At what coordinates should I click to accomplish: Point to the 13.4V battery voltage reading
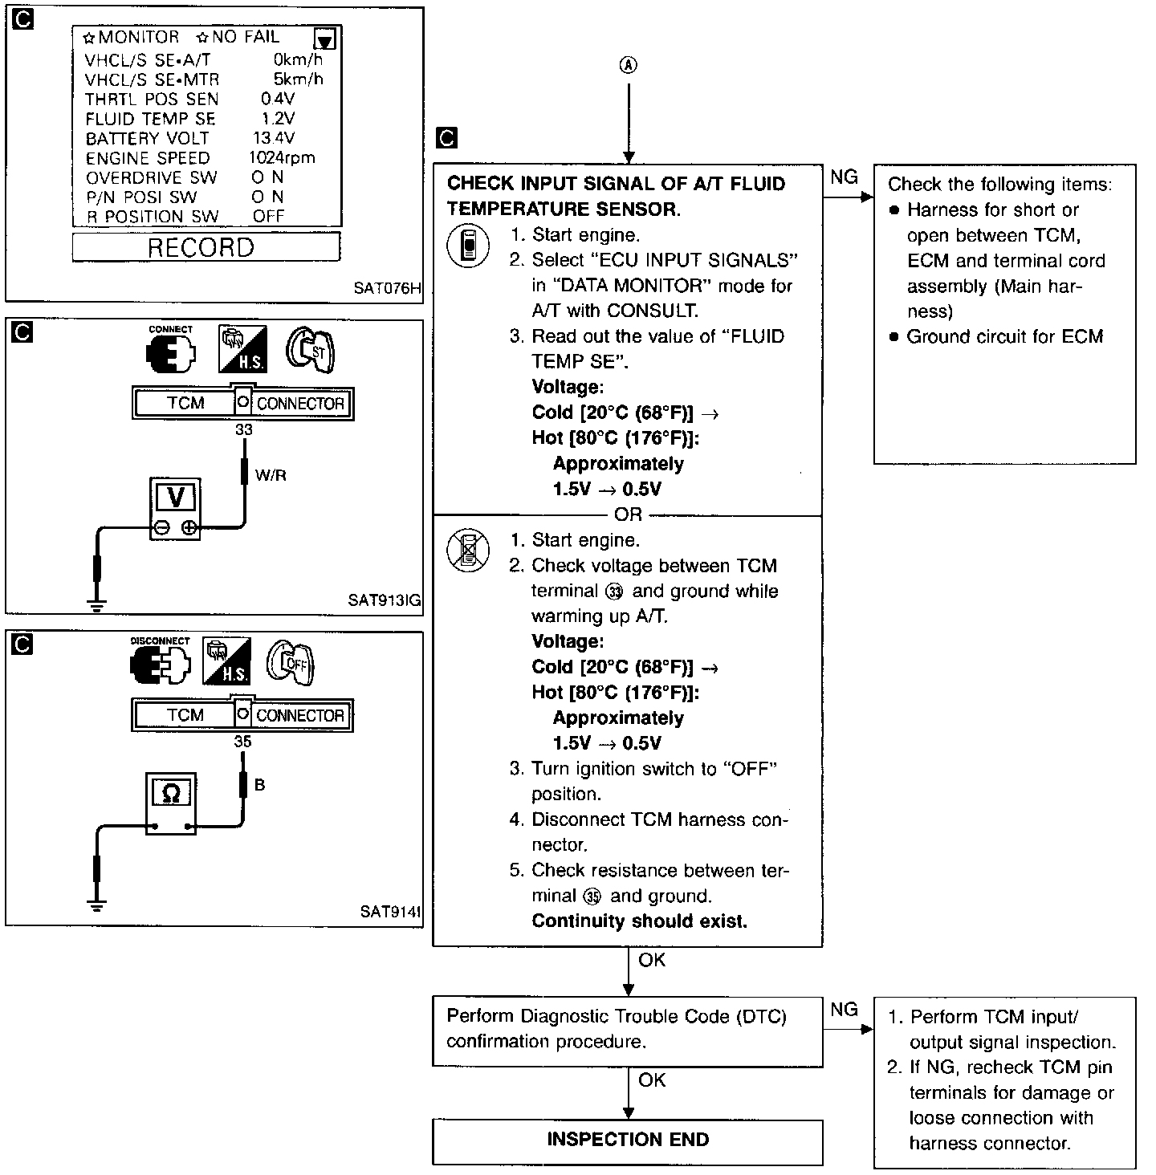click(x=274, y=138)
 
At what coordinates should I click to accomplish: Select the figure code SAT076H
click(x=387, y=287)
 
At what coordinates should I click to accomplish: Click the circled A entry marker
click(x=629, y=67)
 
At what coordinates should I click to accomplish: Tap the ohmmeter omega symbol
click(x=170, y=794)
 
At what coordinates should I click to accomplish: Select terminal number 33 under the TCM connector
click(x=243, y=430)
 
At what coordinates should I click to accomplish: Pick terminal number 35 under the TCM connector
click(x=242, y=742)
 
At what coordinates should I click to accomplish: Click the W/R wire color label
click(x=271, y=475)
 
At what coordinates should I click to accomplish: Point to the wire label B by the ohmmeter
click(x=259, y=785)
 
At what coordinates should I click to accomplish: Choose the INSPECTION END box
click(x=628, y=1140)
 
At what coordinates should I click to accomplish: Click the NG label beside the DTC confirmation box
click(x=844, y=1010)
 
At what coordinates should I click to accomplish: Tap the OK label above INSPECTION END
click(x=652, y=1080)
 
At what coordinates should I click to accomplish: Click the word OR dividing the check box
click(x=628, y=514)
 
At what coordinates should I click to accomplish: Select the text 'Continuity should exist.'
click(x=639, y=921)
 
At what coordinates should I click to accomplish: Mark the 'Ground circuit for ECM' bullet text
click(x=1004, y=336)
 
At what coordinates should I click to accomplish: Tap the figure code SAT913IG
click(x=385, y=600)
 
